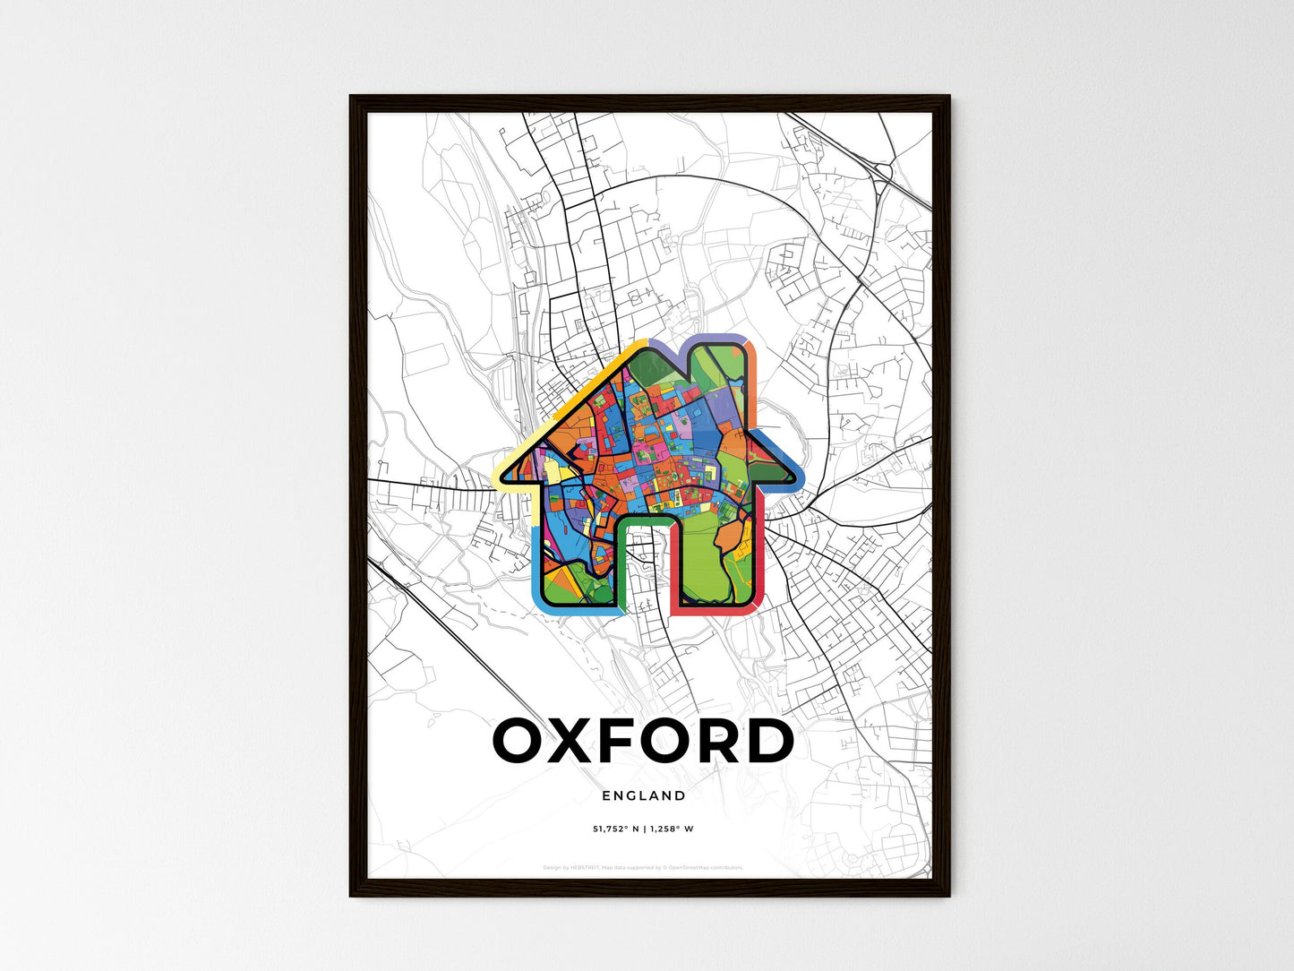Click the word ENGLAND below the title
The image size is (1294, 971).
[644, 795]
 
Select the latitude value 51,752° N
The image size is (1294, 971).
[615, 829]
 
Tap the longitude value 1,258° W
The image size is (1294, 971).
[673, 829]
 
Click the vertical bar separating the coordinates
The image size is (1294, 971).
[646, 829]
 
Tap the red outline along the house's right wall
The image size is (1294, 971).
[760, 555]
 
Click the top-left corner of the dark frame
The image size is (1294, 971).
[352, 98]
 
